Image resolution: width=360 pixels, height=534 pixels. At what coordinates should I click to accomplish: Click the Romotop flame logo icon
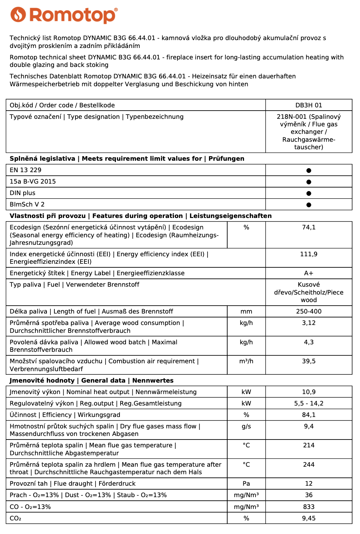tap(18, 15)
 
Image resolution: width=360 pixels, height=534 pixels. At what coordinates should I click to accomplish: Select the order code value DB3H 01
tap(308, 105)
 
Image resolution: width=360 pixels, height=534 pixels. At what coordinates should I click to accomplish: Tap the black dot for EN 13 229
tap(308, 170)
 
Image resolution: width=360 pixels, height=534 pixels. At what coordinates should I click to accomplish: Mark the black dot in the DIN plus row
tap(308, 193)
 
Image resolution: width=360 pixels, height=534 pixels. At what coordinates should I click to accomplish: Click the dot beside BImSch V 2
tap(308, 205)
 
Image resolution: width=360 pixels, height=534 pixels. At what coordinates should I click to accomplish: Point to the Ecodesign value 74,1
tap(308, 227)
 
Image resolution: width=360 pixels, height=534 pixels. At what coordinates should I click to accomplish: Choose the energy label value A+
tap(308, 273)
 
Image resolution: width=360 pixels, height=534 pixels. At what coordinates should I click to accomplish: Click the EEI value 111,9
tap(308, 254)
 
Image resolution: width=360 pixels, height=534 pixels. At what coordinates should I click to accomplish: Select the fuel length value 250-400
tap(308, 311)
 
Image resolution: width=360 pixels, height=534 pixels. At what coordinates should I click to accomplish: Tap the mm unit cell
tap(246, 311)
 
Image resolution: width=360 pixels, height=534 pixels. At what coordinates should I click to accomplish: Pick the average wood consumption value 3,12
tap(308, 323)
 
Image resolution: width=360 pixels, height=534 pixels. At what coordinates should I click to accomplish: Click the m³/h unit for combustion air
tap(246, 361)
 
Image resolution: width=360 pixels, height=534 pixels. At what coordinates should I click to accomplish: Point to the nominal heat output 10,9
tap(308, 392)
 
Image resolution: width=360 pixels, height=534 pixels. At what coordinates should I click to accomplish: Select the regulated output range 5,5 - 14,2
tap(308, 403)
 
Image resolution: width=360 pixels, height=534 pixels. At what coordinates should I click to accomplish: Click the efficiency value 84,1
tap(308, 415)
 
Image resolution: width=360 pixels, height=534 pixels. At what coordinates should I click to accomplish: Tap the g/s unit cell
tap(246, 426)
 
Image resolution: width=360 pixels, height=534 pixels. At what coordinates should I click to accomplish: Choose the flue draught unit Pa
tap(246, 484)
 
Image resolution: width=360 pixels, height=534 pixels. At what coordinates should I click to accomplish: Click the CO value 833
tap(308, 507)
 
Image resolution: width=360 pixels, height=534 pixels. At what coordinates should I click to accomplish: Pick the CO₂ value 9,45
tap(308, 518)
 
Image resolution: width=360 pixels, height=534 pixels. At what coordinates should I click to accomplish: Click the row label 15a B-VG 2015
tap(33, 181)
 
